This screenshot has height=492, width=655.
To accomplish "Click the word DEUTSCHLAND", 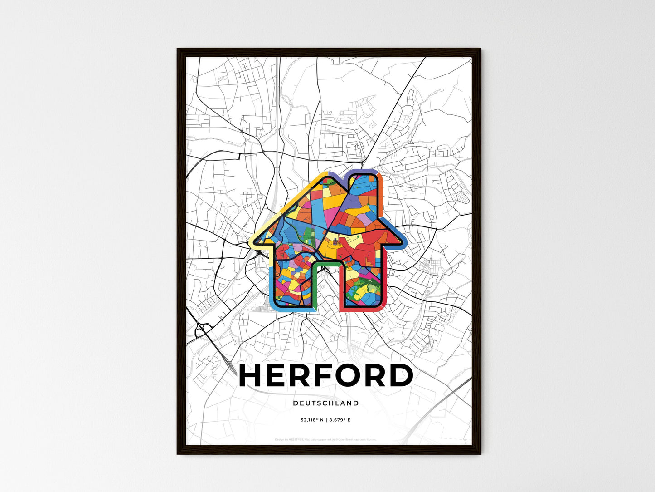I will click(326, 403).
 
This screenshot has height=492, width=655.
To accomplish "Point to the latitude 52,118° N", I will click(311, 420).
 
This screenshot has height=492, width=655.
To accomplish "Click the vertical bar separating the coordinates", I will click(325, 420).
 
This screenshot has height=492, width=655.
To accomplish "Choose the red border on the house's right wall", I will click(385, 281).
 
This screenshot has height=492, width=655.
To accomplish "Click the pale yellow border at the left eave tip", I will click(252, 241).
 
